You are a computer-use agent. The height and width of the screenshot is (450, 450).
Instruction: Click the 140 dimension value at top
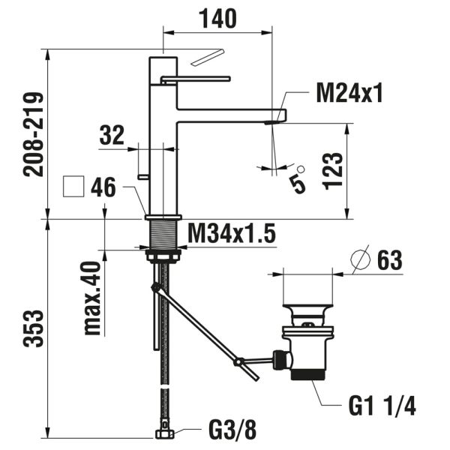tap(217, 18)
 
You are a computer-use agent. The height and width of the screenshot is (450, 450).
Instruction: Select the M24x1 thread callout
tap(349, 94)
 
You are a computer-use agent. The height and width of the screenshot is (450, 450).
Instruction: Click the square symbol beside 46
tap(74, 187)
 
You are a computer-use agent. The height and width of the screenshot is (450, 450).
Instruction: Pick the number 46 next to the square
tap(103, 187)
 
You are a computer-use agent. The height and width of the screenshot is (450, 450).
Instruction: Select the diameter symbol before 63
tap(361, 259)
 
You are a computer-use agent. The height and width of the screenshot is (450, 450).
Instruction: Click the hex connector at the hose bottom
tap(164, 433)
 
